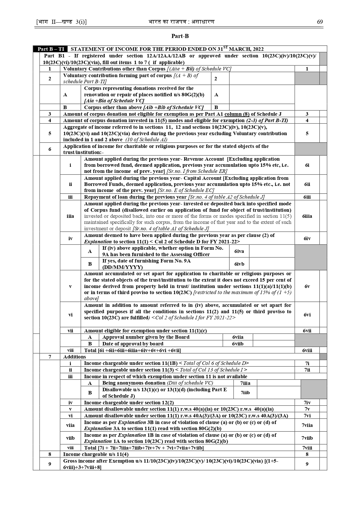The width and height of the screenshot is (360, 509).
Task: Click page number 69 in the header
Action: coord(320,22)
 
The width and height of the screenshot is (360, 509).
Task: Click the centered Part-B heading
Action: coord(180,36)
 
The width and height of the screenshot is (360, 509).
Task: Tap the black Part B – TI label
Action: coord(51,49)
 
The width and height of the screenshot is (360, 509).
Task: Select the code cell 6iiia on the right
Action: coord(307,216)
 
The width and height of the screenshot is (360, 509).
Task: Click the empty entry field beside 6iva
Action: coord(272,251)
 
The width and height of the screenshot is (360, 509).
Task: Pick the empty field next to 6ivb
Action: coord(272,264)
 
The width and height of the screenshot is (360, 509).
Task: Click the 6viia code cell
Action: coord(238,337)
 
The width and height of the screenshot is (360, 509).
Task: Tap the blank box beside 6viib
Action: coord(273,344)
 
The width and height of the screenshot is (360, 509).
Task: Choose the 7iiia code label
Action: coord(245,383)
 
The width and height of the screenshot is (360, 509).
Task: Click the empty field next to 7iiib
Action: coord(278,393)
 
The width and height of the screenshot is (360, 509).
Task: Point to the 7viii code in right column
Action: coord(307,448)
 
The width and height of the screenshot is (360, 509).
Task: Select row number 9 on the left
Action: coord(50,464)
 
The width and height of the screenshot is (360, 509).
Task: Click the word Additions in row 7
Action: coord(75,357)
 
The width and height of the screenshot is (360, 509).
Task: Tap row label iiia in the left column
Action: coord(70,216)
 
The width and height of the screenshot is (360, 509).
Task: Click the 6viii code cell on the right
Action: coord(307,350)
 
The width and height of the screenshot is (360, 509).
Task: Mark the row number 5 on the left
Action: coord(50,133)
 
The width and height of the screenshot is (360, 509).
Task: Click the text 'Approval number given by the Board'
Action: coord(146,337)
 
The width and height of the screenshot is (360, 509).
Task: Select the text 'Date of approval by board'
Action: coord(133,344)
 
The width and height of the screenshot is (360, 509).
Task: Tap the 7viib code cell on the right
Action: coord(307,438)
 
